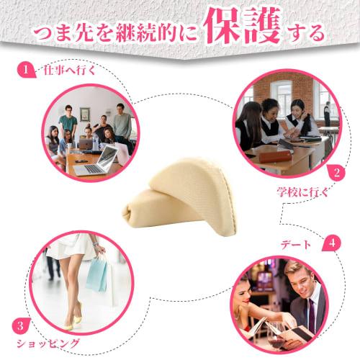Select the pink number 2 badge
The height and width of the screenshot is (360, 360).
335,172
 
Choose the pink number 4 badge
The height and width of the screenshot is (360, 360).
330,242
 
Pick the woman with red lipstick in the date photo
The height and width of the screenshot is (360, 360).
244,294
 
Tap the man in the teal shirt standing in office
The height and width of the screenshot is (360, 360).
68,122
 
